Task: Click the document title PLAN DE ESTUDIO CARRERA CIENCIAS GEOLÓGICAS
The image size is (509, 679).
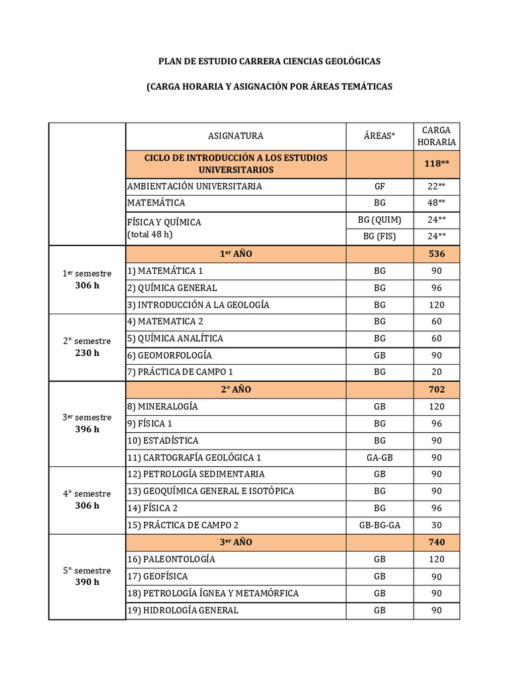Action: coord(269,61)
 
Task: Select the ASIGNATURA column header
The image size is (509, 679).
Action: coord(235,136)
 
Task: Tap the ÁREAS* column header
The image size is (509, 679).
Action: coord(379,136)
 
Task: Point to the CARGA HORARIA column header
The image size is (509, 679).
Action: coord(436,136)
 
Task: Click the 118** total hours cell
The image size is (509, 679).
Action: coord(436,164)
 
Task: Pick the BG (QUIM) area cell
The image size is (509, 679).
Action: coord(379,220)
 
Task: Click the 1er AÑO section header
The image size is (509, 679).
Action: coord(235,254)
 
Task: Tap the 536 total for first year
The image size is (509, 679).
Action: coord(436,254)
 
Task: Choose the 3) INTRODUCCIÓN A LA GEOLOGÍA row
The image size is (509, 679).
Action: coord(198,305)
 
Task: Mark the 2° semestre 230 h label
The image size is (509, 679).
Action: coord(87,347)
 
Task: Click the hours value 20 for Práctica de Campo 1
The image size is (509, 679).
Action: coord(436,372)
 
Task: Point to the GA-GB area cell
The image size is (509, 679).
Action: coord(379,458)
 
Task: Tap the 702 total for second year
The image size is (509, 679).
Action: coord(436,389)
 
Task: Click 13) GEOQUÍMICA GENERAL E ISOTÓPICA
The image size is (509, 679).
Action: coord(210,491)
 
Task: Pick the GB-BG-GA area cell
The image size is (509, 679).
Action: coord(379,525)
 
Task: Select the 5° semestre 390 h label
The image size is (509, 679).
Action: coord(87,576)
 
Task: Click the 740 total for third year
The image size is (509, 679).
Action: coord(436,542)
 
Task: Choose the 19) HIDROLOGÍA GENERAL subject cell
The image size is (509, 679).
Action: coord(182,610)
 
